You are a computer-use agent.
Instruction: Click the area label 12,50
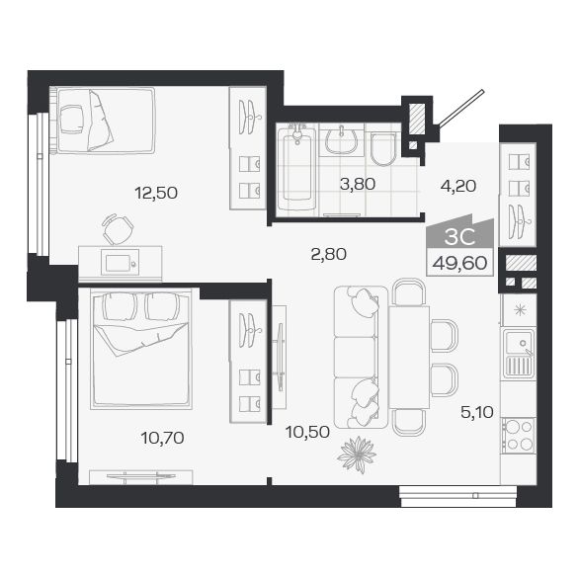pyautogui.click(x=156, y=193)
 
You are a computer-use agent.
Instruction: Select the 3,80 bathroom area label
pyautogui.click(x=357, y=183)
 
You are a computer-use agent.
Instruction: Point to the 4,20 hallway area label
pyautogui.click(x=456, y=183)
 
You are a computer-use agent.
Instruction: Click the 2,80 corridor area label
pyautogui.click(x=329, y=254)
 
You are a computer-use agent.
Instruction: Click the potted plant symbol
pyautogui.click(x=356, y=455)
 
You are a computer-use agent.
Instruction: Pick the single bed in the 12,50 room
pyautogui.click(x=103, y=121)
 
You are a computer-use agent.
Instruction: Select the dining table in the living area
pyautogui.click(x=408, y=356)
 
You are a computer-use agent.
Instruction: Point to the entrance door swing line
pyautogui.click(x=461, y=108)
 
